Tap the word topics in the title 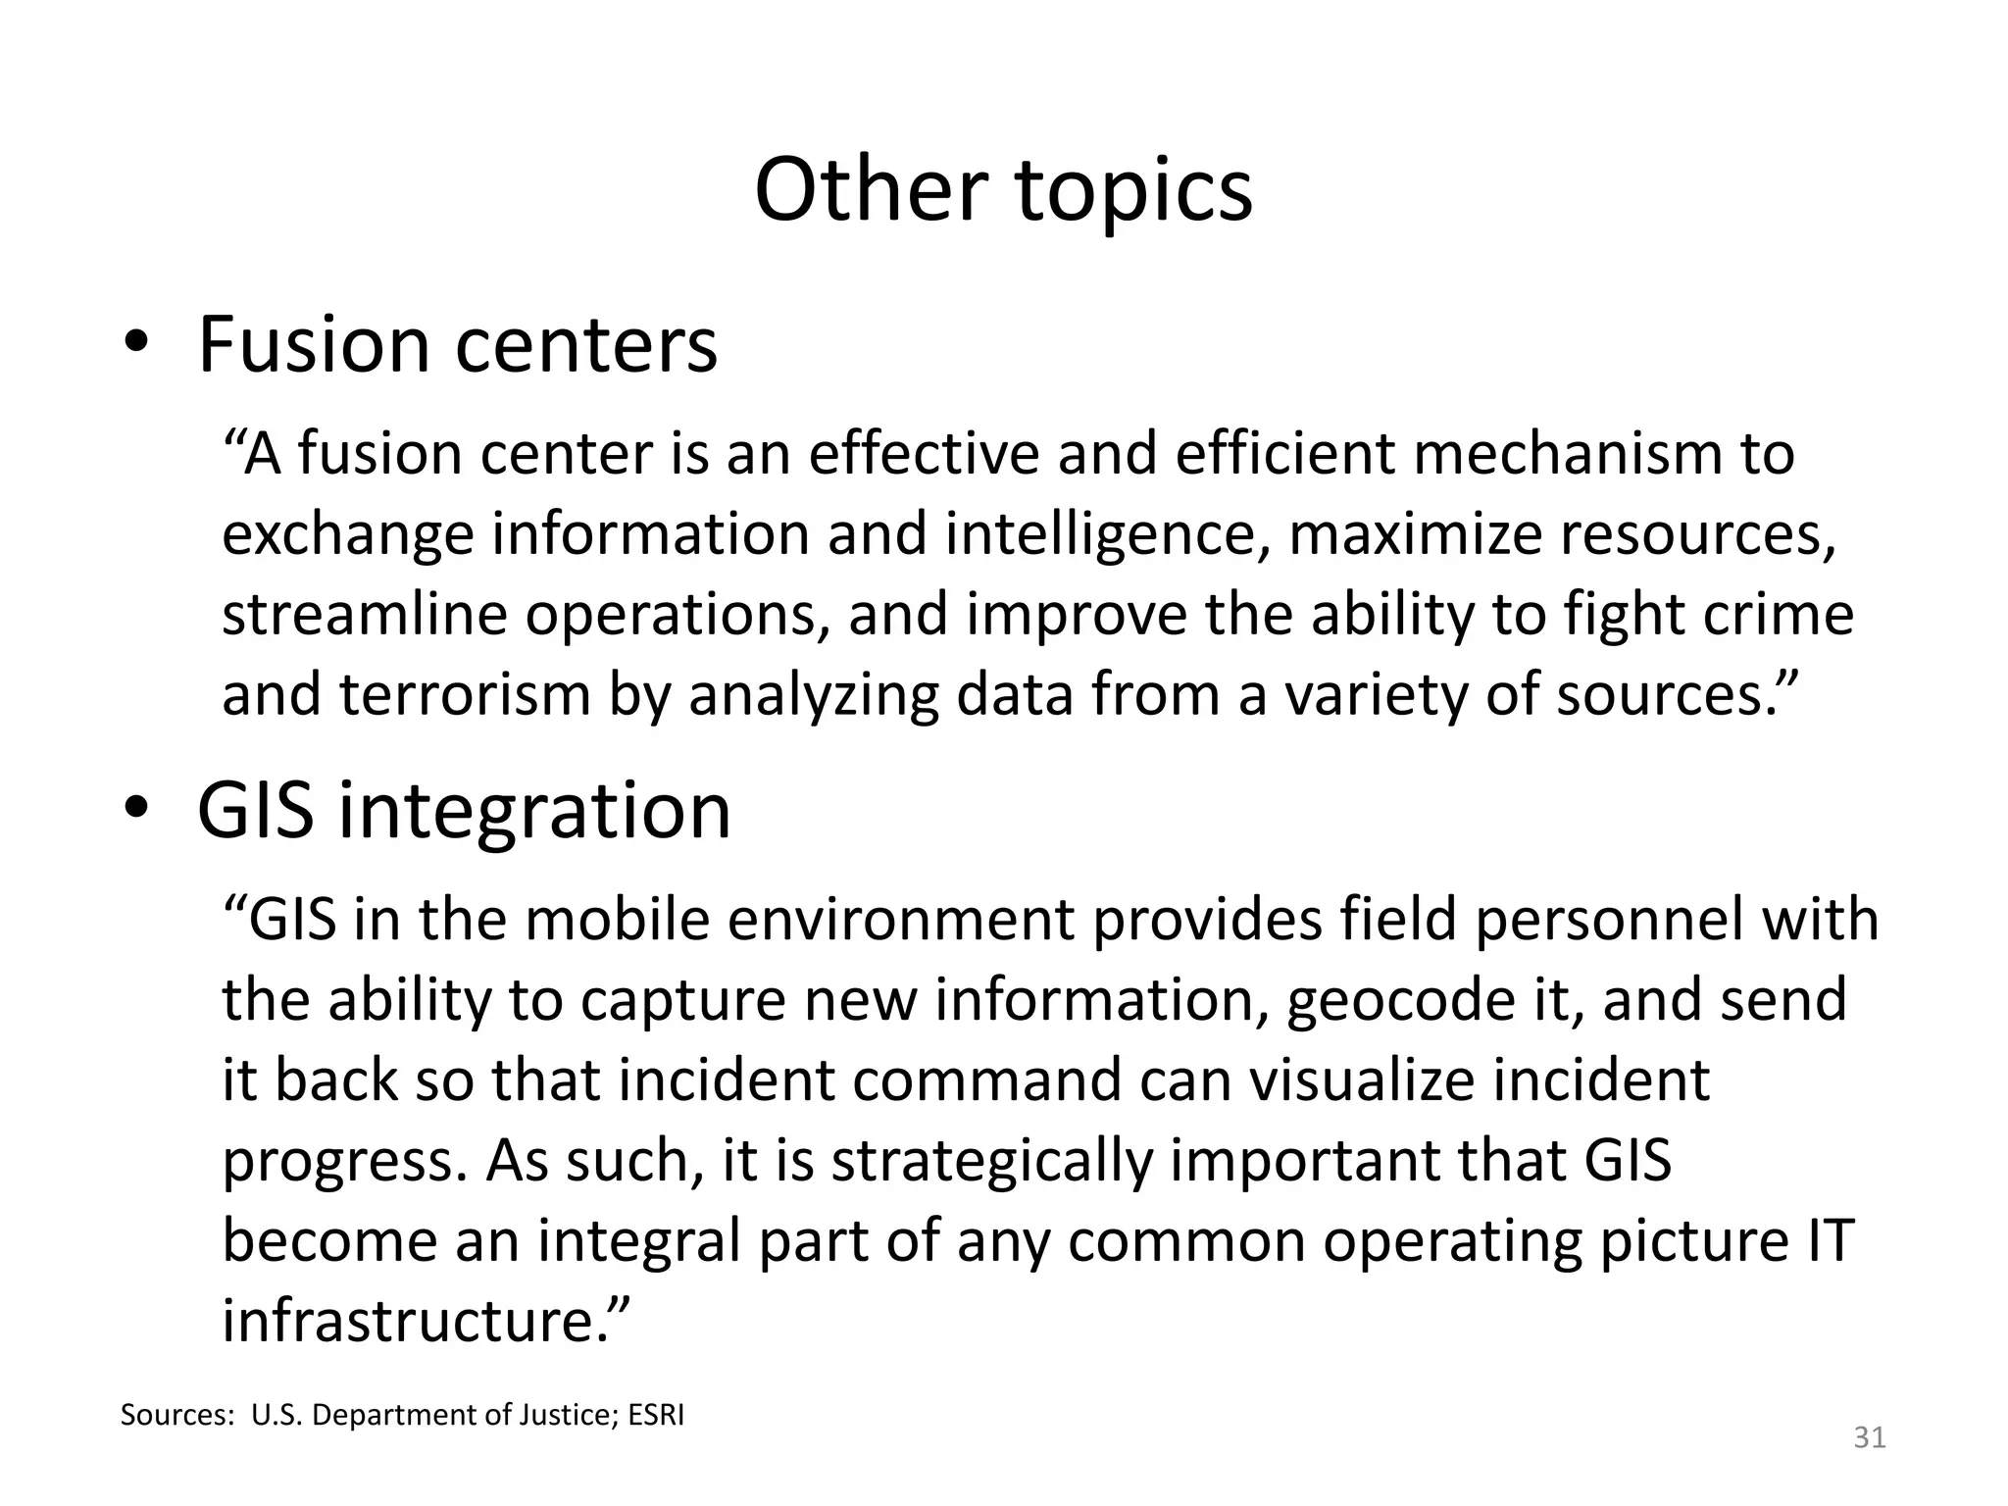(x=1134, y=191)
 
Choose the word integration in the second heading (x=534, y=813)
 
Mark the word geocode (x=1408, y=1001)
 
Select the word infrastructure (x=417, y=1320)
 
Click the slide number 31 (x=1870, y=1437)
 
